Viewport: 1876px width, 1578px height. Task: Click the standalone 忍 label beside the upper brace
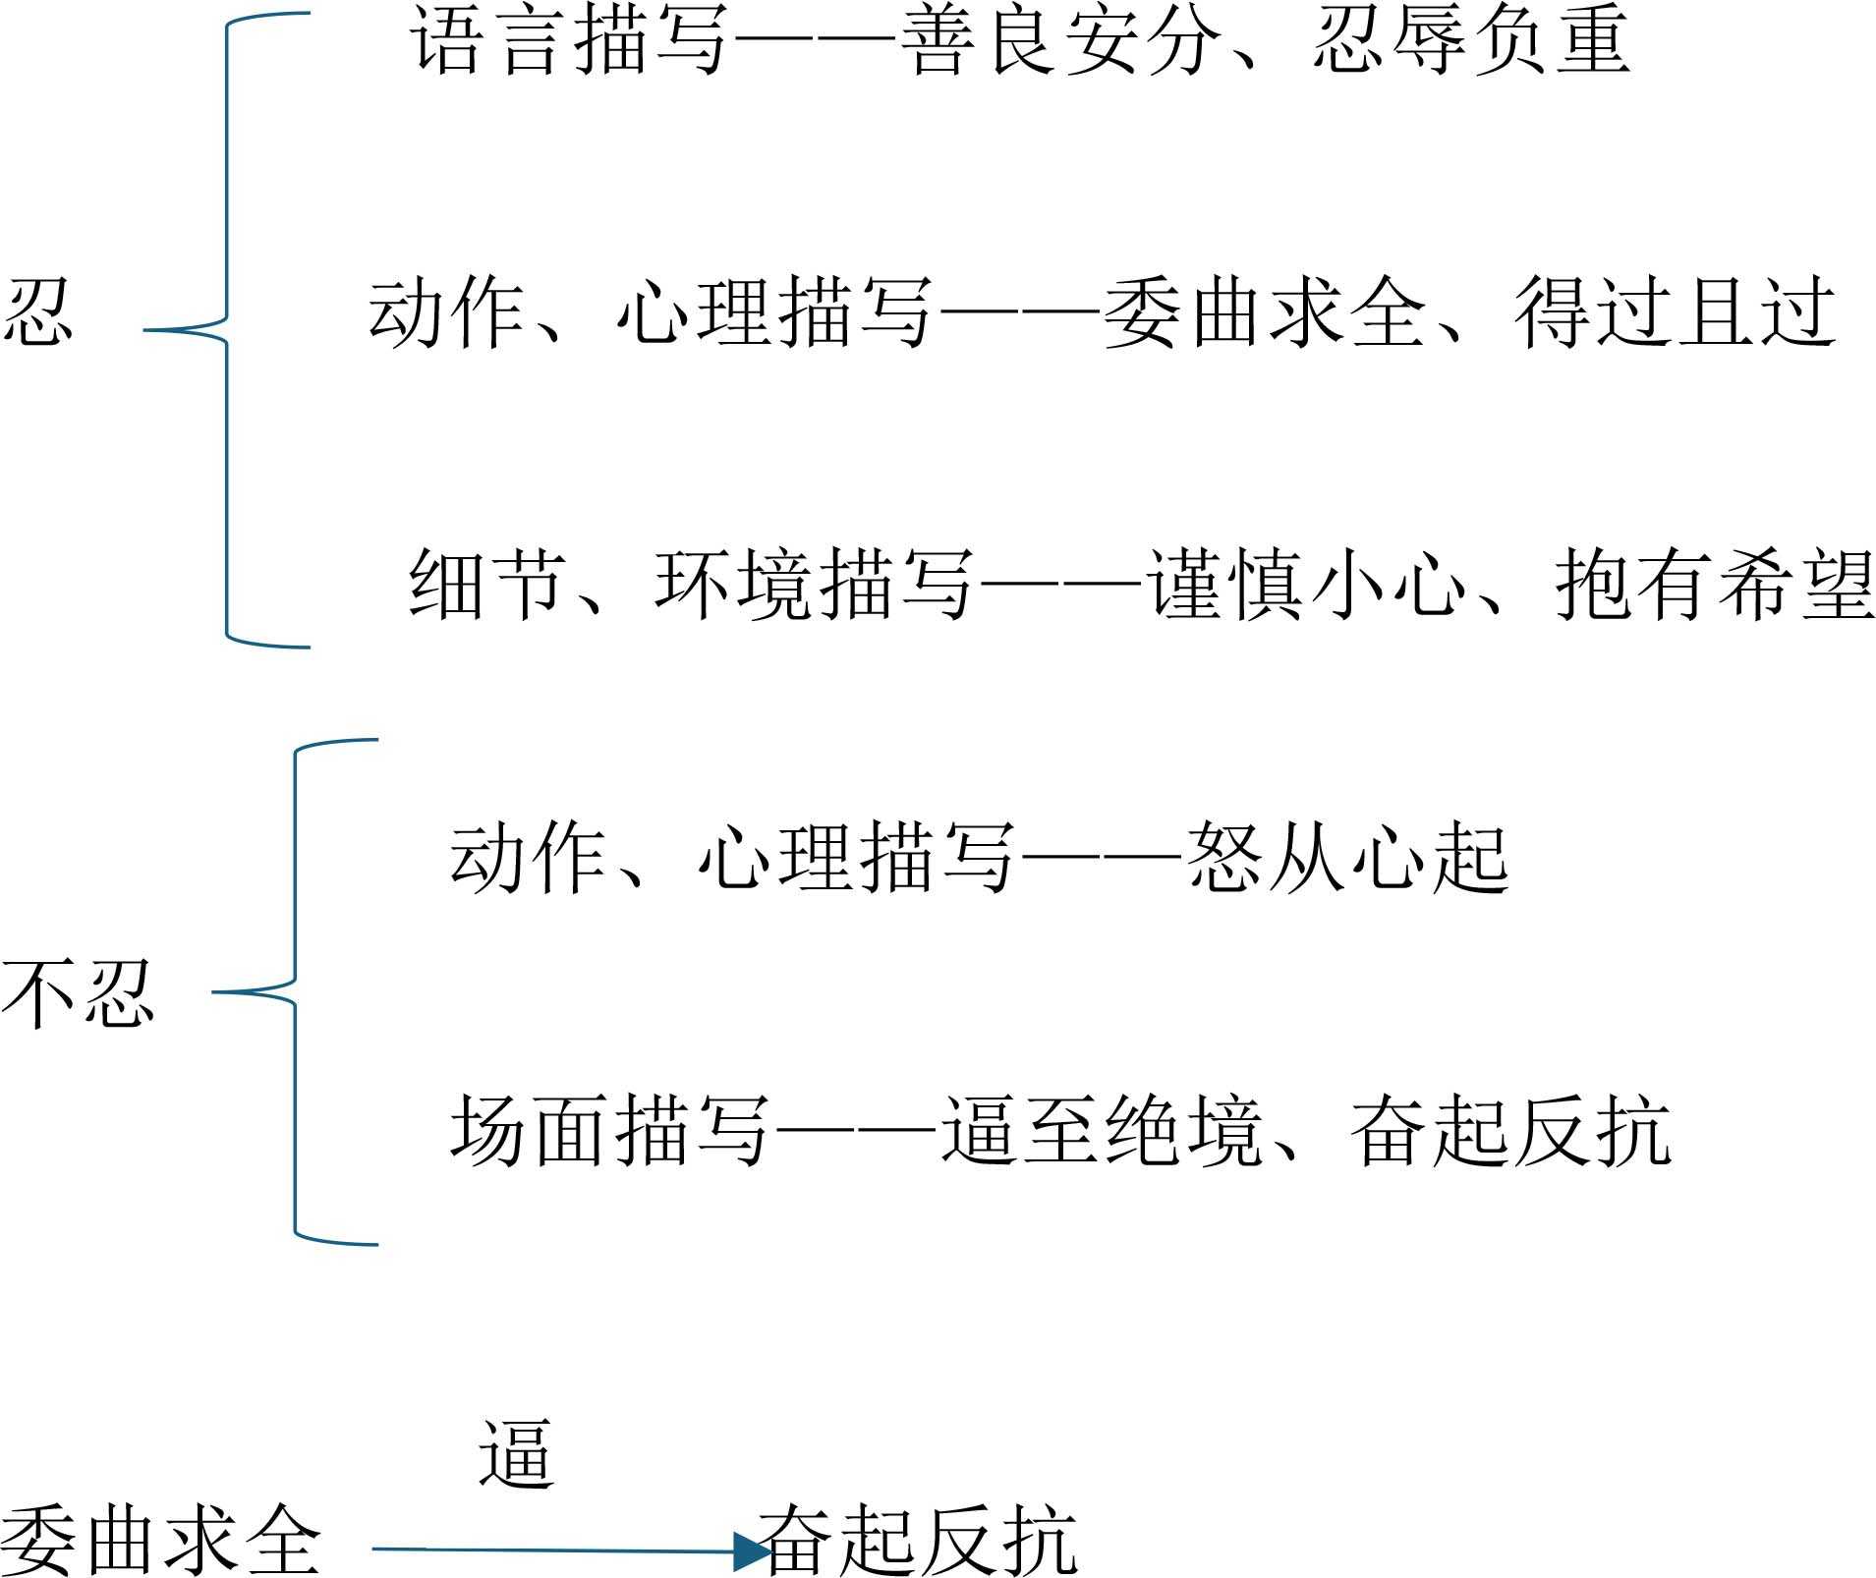37,310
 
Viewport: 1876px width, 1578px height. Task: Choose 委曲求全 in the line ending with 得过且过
1265,312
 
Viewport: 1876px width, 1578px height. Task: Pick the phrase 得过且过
1676,312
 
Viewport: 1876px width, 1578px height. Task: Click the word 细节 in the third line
487,584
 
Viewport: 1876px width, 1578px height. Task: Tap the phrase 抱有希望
1715,584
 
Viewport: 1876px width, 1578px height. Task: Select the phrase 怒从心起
1347,858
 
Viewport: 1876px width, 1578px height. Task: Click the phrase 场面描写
609,1130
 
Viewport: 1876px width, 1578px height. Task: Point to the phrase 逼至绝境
1101,1130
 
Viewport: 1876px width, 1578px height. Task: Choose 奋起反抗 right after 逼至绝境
1510,1130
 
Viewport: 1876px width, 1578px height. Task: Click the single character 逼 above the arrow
517,1454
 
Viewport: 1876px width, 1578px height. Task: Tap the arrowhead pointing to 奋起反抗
752,1550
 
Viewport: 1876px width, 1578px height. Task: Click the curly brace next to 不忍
295,992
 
